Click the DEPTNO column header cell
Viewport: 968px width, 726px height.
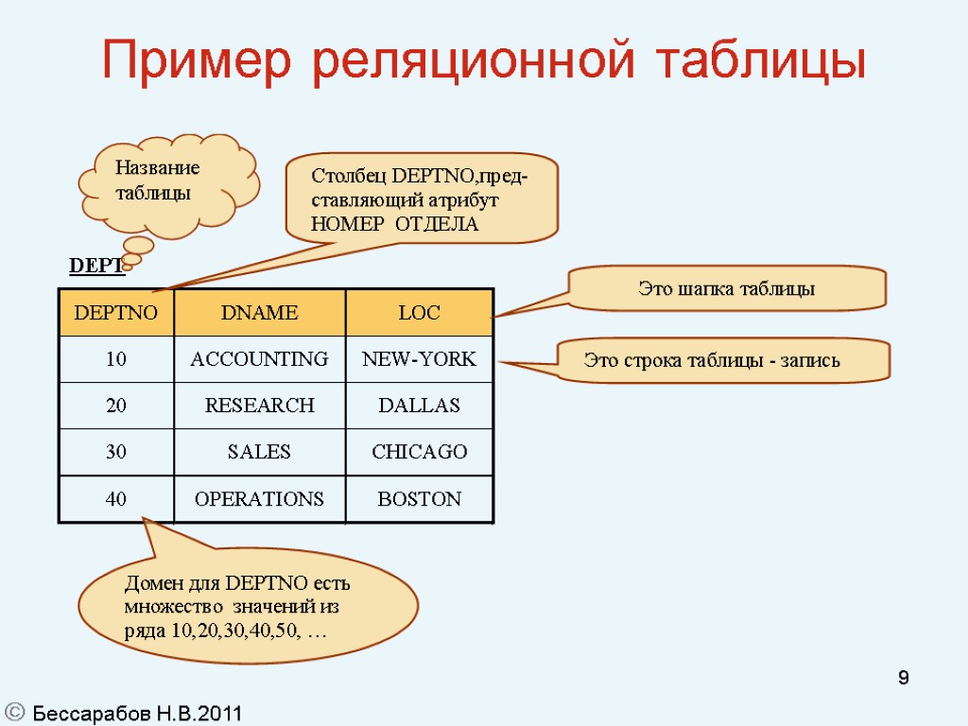tap(116, 313)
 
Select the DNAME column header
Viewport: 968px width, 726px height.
tap(259, 313)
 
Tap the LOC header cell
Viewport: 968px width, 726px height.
tap(419, 313)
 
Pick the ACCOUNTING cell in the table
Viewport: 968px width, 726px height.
tap(259, 359)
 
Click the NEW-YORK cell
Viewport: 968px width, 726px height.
tap(419, 359)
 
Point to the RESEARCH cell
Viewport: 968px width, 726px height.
tap(259, 406)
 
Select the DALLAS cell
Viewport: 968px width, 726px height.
tap(419, 406)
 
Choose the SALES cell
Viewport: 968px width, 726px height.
tap(259, 452)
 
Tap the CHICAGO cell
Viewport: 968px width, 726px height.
tap(419, 452)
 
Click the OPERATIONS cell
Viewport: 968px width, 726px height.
tap(259, 499)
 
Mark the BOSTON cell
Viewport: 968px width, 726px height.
tap(419, 499)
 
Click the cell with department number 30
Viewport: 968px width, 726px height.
tap(116, 452)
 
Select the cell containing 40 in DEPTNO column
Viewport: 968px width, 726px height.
tap(116, 499)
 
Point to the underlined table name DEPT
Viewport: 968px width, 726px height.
tap(95, 268)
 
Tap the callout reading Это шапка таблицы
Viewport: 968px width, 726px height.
tap(726, 289)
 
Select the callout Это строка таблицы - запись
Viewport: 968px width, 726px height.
tap(724, 360)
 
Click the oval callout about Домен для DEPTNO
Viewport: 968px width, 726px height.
tap(248, 606)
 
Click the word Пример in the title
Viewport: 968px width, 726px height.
tap(199, 60)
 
